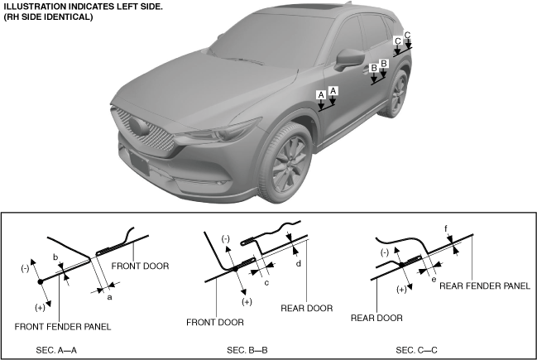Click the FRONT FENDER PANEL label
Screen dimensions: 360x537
point(63,326)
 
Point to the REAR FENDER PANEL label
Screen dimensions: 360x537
point(484,286)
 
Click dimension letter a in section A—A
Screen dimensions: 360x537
point(110,296)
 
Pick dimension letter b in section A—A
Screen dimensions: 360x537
point(55,258)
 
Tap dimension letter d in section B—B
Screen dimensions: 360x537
point(298,263)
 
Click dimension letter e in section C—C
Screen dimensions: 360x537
point(434,280)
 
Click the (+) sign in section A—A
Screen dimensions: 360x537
point(39,307)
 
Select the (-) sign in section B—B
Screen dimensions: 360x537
point(225,238)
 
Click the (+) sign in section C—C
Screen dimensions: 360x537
point(403,289)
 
